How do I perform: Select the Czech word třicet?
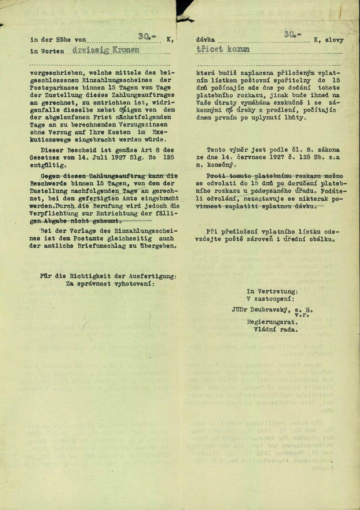click(x=210, y=50)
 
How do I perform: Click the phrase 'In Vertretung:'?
click(x=272, y=291)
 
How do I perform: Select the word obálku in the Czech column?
click(x=322, y=239)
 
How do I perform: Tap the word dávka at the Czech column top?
click(x=205, y=40)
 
